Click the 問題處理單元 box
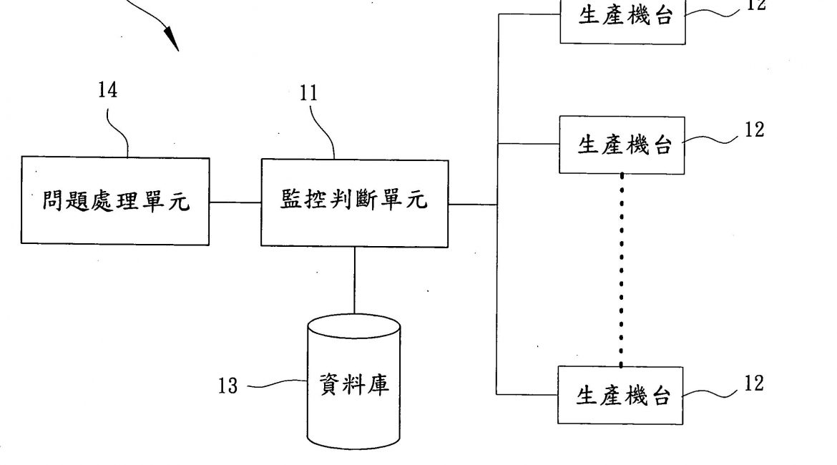coord(115,202)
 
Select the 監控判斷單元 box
coord(355,203)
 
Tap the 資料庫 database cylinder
coord(353,386)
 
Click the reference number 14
coord(108,90)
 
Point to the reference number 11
coord(310,93)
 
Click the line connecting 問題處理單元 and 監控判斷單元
coord(235,202)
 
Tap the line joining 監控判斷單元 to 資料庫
coord(355,280)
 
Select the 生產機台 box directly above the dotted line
coord(622,145)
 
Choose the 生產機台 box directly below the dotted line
coord(620,396)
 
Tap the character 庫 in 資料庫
coord(378,386)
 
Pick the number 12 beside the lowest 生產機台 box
coord(753,383)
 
